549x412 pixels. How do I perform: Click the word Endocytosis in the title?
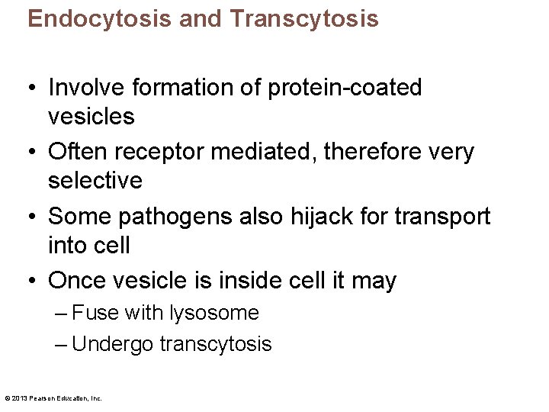[100, 19]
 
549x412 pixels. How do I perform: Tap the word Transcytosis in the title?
[303, 19]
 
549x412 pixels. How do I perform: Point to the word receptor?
[155, 152]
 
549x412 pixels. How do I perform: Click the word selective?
[95, 181]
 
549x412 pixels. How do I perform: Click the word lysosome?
[220, 313]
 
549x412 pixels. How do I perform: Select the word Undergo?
[113, 344]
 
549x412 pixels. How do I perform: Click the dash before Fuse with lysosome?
[62, 313]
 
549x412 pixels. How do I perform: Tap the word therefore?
[377, 152]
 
